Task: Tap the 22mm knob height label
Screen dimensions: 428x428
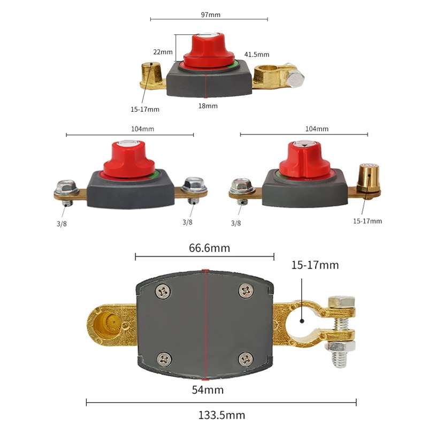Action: [163, 52]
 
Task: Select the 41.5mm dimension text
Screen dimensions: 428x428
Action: [257, 55]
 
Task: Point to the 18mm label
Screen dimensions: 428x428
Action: [208, 106]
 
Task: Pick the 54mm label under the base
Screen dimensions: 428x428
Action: [208, 389]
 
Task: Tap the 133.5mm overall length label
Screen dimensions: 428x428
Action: [221, 415]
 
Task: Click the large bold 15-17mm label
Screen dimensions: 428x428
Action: [315, 265]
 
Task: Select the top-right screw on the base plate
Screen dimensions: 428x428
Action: [246, 291]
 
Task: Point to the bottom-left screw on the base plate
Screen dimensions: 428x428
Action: [163, 358]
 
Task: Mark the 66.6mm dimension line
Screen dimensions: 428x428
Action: [204, 257]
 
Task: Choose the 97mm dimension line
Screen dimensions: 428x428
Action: [209, 19]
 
